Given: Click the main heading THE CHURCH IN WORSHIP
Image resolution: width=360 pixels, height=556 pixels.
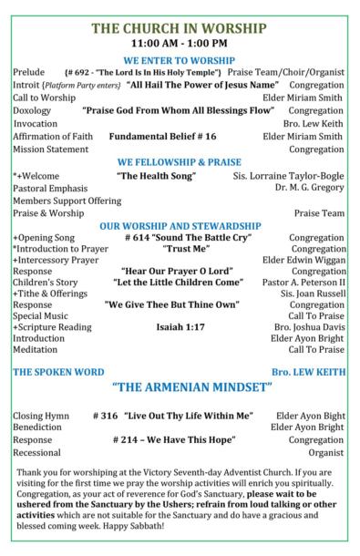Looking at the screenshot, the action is click(x=180, y=28).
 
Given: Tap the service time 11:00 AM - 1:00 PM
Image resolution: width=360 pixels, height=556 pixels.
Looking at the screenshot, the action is click(x=180, y=43).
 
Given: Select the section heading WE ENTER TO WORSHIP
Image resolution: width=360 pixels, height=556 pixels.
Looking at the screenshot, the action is click(x=180, y=58).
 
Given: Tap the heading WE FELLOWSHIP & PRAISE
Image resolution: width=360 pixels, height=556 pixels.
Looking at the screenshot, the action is click(x=180, y=161).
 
